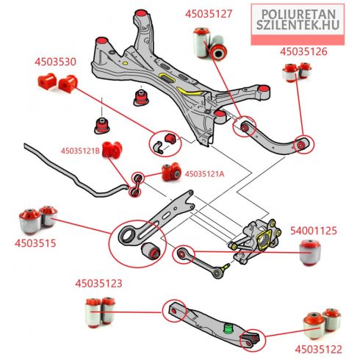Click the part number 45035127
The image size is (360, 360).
coord(209,14)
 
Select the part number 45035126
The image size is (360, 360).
coord(303,51)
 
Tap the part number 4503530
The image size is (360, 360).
coord(55,62)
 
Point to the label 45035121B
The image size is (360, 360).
coord(80,151)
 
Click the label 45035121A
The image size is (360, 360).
coord(204,174)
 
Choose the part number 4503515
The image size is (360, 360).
coord(35,243)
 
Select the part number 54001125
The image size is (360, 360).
coord(314,231)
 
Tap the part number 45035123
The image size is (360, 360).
coord(98,284)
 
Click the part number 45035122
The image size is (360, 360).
coord(318,350)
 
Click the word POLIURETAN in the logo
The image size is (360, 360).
coord(298,15)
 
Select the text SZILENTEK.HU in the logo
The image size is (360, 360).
coord(298,25)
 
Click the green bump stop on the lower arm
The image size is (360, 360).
coord(228,328)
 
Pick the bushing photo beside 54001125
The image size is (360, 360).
coord(310,253)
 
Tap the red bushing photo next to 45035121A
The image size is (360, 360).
coord(171,171)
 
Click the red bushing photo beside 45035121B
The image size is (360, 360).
coord(112,148)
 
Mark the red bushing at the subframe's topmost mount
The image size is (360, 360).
coord(140,12)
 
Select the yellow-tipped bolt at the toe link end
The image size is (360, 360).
coord(225,267)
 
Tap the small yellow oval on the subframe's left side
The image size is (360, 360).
coord(125,63)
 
